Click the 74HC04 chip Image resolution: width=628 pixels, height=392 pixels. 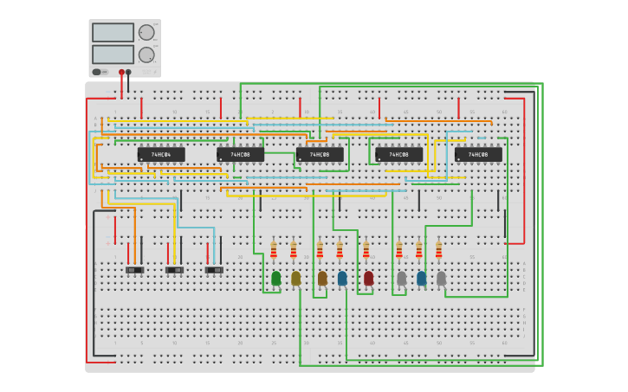point(161,155)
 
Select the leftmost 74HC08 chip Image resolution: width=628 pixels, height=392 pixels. point(240,155)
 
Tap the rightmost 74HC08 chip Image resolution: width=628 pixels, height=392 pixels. point(478,155)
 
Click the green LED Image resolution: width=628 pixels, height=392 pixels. point(275,278)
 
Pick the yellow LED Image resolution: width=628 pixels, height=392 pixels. point(295,278)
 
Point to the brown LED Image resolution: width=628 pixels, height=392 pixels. point(322,278)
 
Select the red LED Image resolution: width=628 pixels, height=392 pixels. point(368,278)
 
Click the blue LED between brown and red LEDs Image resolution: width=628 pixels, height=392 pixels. point(342,278)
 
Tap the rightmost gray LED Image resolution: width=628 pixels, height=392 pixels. point(441,278)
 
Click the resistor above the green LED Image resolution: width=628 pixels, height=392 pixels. point(274,250)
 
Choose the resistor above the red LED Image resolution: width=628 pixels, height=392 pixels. point(366,250)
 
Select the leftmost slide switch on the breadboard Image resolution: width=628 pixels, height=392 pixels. point(134,270)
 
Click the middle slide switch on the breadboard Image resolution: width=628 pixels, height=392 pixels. point(174,270)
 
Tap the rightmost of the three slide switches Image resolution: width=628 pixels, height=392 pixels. point(214,270)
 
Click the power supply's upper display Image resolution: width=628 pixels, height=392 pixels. point(113,33)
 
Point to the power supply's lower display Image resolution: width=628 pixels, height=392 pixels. point(113,54)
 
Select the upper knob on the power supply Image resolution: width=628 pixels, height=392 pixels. point(146,33)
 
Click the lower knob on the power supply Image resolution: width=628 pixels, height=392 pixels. point(146,55)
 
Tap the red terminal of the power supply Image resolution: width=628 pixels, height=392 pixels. point(121,72)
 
